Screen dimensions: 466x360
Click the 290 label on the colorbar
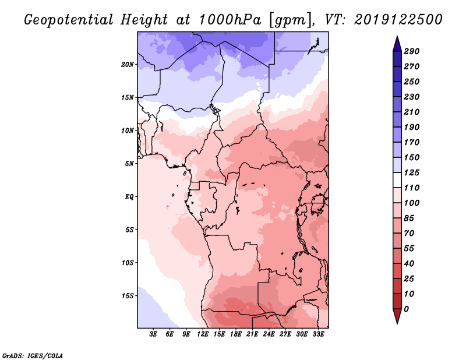point(411,51)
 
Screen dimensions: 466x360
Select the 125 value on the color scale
point(411,172)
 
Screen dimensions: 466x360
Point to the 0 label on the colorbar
point(406,309)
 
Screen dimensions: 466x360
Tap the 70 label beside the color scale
point(409,234)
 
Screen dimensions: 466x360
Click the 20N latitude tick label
point(128,65)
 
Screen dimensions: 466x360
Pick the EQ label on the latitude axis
point(129,197)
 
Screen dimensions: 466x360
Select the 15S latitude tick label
point(128,296)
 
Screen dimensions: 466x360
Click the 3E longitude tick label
point(153,334)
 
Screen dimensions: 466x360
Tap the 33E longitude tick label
point(318,334)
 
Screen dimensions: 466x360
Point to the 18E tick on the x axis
point(236,334)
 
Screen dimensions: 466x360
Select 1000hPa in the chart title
point(230,20)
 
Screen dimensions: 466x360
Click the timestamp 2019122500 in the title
point(398,20)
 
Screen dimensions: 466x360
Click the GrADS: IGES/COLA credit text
point(33,356)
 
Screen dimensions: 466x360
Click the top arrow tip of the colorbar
point(397,36)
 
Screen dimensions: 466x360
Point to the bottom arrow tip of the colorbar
point(397,323)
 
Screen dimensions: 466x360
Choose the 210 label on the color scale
point(411,112)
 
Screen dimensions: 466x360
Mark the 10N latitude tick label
point(128,130)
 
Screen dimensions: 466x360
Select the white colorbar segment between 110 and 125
point(397,180)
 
